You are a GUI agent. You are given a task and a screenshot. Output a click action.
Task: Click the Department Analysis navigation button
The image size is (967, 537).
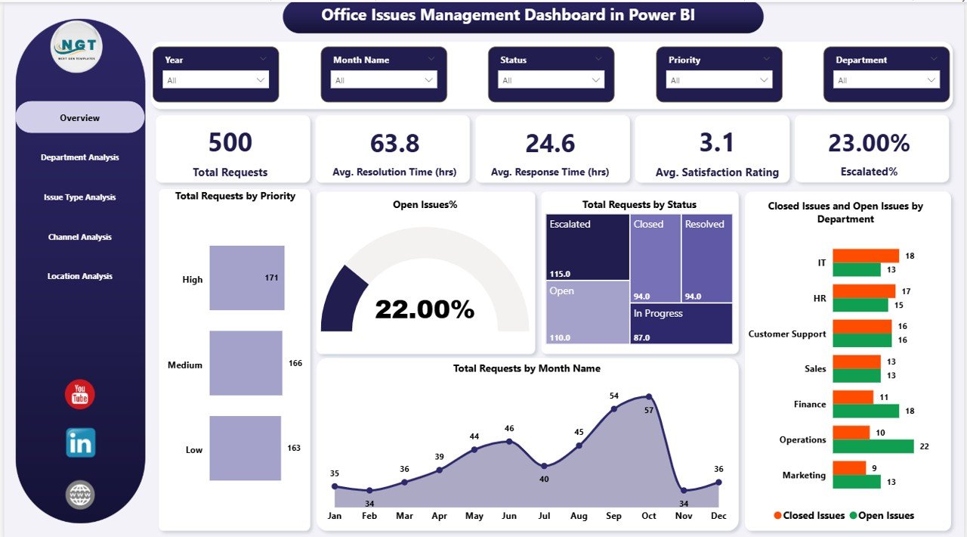click(x=80, y=157)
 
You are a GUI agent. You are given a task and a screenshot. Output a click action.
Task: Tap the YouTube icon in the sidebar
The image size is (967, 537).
click(x=80, y=394)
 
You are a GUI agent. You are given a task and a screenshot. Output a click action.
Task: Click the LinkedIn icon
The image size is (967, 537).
click(x=80, y=443)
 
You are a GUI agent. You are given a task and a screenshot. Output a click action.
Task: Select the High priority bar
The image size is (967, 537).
click(x=247, y=278)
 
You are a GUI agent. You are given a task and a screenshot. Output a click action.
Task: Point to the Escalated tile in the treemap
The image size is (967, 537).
click(x=588, y=247)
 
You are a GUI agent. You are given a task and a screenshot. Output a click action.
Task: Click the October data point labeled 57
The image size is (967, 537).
click(x=649, y=396)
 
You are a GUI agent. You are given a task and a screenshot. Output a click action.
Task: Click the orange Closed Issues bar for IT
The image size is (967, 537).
click(x=866, y=256)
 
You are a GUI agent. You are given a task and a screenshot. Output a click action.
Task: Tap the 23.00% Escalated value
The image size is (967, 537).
click(x=869, y=143)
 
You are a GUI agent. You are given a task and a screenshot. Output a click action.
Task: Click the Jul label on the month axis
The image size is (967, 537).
click(x=543, y=516)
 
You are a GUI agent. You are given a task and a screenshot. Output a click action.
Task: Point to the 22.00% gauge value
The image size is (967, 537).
click(x=425, y=309)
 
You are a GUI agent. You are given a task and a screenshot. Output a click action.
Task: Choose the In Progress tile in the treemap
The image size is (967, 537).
click(x=681, y=323)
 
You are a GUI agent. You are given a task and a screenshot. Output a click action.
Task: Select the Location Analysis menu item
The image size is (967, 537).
click(x=80, y=276)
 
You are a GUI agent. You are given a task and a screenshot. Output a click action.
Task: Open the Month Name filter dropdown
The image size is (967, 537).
click(x=384, y=80)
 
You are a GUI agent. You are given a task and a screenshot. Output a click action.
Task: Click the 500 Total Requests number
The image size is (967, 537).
click(x=230, y=143)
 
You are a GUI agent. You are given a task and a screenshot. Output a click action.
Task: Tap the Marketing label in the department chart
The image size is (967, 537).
click(x=804, y=475)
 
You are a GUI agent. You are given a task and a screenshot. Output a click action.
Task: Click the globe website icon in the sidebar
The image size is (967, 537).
click(x=80, y=495)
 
